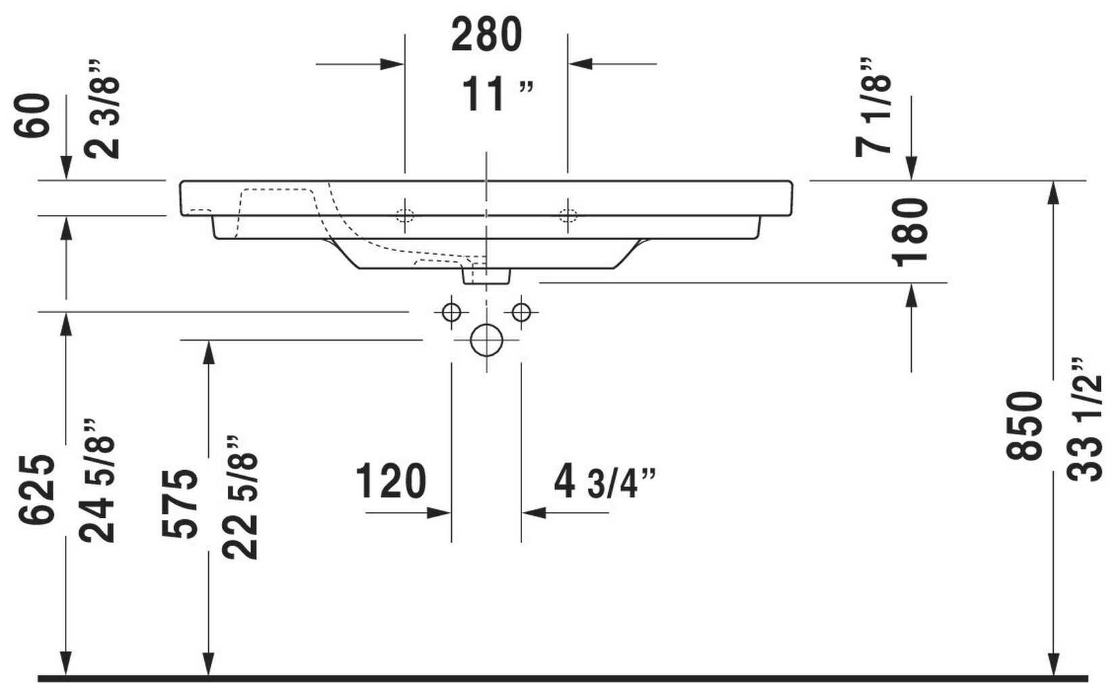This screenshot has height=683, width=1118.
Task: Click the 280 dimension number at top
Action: [486, 35]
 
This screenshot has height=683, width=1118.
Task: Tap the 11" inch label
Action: [496, 94]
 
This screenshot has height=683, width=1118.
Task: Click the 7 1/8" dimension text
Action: [873, 108]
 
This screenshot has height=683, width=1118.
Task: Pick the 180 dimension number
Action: [910, 232]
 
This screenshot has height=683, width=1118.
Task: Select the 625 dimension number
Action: [37, 489]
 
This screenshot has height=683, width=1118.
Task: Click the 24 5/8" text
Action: [97, 481]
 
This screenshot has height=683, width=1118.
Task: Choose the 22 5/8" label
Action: [241, 497]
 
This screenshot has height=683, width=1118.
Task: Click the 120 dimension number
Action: [391, 481]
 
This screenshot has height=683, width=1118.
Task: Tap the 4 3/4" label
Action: [604, 481]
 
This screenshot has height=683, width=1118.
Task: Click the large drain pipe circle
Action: [486, 340]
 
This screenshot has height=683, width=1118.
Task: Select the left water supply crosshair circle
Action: [451, 312]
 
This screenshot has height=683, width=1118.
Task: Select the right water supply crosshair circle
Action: [521, 312]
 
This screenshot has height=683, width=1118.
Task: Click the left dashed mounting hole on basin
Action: [404, 216]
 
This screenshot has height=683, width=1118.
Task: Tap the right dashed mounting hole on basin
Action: [567, 216]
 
